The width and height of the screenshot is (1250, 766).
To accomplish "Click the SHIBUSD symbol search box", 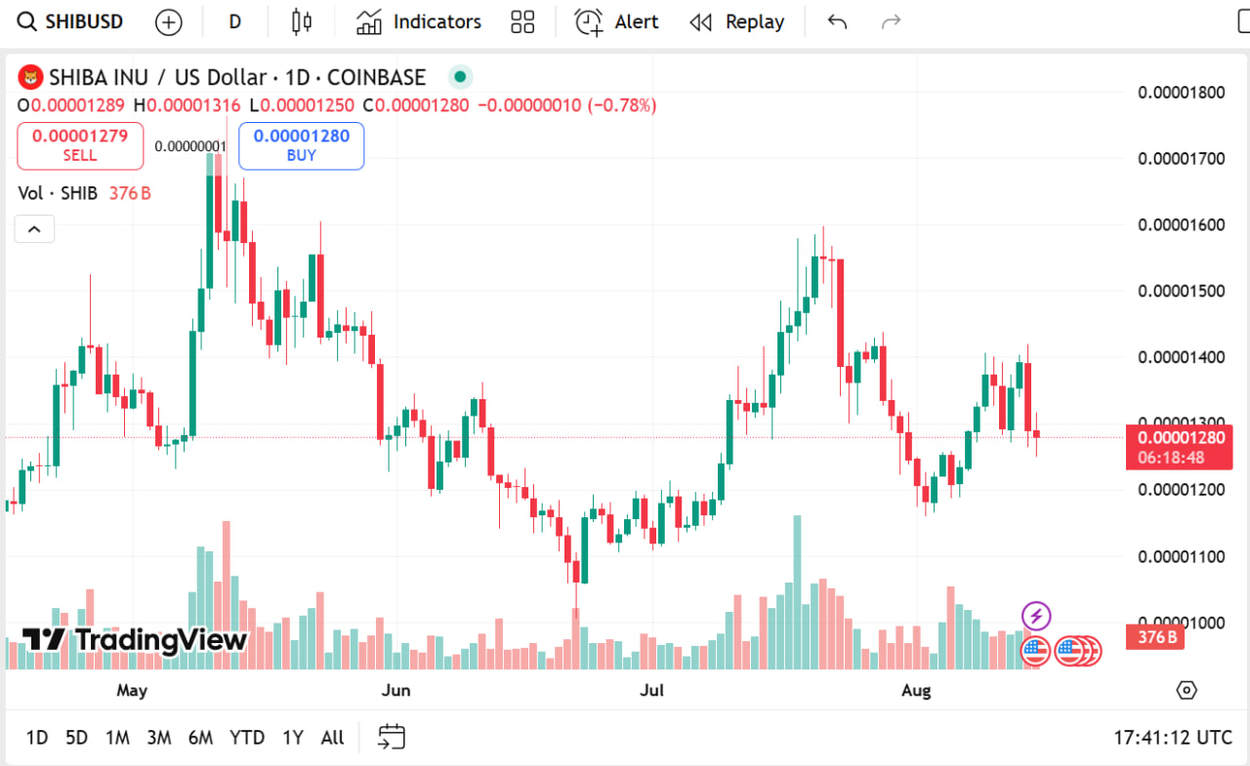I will tap(70, 21).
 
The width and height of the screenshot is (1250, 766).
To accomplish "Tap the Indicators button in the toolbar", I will tap(419, 21).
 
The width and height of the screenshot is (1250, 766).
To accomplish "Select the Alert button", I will tap(616, 21).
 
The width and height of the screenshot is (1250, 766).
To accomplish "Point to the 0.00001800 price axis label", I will tap(1181, 93).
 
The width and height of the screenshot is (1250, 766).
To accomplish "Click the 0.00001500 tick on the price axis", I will tap(1181, 291).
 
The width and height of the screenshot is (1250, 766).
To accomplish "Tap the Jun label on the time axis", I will tap(396, 691).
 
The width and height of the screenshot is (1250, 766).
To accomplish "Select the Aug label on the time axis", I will tap(916, 691).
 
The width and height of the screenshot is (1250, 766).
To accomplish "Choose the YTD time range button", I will tap(247, 738).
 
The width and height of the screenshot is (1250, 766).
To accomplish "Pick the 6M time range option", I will tap(200, 738).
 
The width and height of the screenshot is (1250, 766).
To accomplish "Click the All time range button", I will tap(332, 738).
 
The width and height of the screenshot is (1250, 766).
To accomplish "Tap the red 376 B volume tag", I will tap(1155, 638).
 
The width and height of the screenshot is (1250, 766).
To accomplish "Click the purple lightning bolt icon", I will tap(1036, 616).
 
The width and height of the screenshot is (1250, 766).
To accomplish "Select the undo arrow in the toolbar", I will tap(837, 21).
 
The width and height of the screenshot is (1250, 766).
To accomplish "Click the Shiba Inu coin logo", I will tap(32, 77).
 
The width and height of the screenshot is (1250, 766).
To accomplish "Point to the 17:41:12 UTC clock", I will tap(1173, 738).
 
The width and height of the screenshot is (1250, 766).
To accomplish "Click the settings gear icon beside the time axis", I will tap(1187, 691).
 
